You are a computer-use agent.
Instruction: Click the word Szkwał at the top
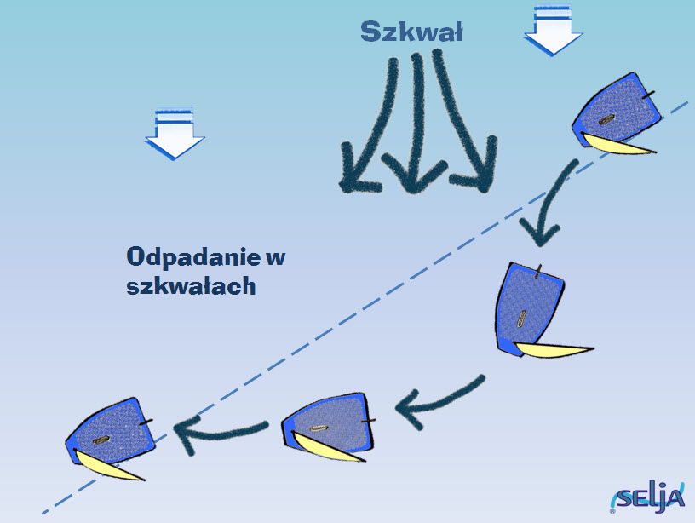(411, 32)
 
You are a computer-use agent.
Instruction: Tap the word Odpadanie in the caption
(193, 257)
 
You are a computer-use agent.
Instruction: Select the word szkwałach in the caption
(191, 286)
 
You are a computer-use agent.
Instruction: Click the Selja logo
(648, 497)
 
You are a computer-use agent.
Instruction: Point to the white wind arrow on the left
(175, 134)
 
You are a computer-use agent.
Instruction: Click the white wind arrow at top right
(553, 31)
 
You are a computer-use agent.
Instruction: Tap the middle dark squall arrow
(416, 124)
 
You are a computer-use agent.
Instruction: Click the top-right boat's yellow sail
(617, 145)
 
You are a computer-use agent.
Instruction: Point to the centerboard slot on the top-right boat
(606, 119)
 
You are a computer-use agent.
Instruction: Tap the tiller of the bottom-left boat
(146, 422)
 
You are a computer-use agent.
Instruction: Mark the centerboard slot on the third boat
(319, 428)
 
